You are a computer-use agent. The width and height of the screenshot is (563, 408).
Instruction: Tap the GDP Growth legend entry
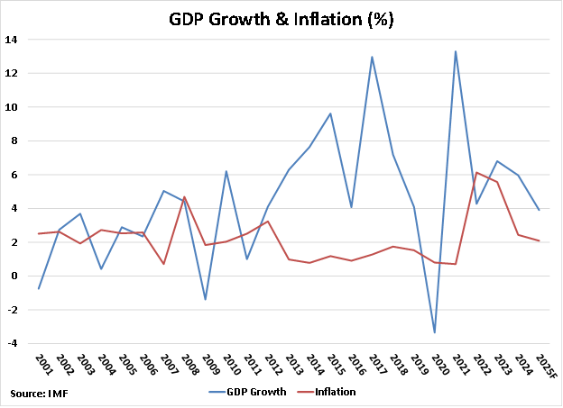coord(256,392)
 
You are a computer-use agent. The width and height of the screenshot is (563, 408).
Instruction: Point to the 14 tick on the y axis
coord(11,40)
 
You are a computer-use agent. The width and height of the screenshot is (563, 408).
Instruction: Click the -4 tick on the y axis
coord(11,344)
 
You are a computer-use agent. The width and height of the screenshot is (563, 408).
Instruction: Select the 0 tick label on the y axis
coord(14,277)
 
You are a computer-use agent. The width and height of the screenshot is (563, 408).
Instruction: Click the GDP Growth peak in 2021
coord(456,51)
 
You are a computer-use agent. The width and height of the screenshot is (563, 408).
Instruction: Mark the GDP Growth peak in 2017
coord(372,57)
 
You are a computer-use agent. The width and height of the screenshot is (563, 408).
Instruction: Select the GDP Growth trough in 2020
coord(435,332)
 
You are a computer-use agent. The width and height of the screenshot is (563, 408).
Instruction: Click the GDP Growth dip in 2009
coord(204,299)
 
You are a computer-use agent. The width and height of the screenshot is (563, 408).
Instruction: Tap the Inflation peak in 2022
coord(476,172)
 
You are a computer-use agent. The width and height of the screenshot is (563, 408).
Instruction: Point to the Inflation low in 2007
coord(162,264)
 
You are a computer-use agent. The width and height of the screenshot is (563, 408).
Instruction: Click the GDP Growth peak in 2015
coord(329,113)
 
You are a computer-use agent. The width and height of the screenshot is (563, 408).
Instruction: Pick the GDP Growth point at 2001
coord(38,288)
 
